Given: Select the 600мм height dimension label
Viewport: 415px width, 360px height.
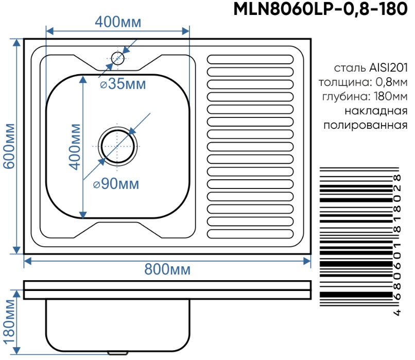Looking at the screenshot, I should point(9,146).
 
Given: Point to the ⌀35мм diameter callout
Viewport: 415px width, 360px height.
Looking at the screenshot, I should point(123,84).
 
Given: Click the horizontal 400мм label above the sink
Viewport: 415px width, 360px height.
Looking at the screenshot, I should point(118,22).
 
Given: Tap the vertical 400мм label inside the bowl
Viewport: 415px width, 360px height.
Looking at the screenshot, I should point(75,147).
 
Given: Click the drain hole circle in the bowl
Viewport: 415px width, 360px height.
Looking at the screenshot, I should point(118,146).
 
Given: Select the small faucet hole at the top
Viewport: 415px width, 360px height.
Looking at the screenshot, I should point(118,58).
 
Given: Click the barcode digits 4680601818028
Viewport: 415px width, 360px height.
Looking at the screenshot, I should point(397,244).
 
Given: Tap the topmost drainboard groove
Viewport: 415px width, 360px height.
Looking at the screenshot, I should point(251,59).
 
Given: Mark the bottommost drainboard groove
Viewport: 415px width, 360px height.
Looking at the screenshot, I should point(251,233).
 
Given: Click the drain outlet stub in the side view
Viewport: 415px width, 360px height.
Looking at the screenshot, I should point(118,353).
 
